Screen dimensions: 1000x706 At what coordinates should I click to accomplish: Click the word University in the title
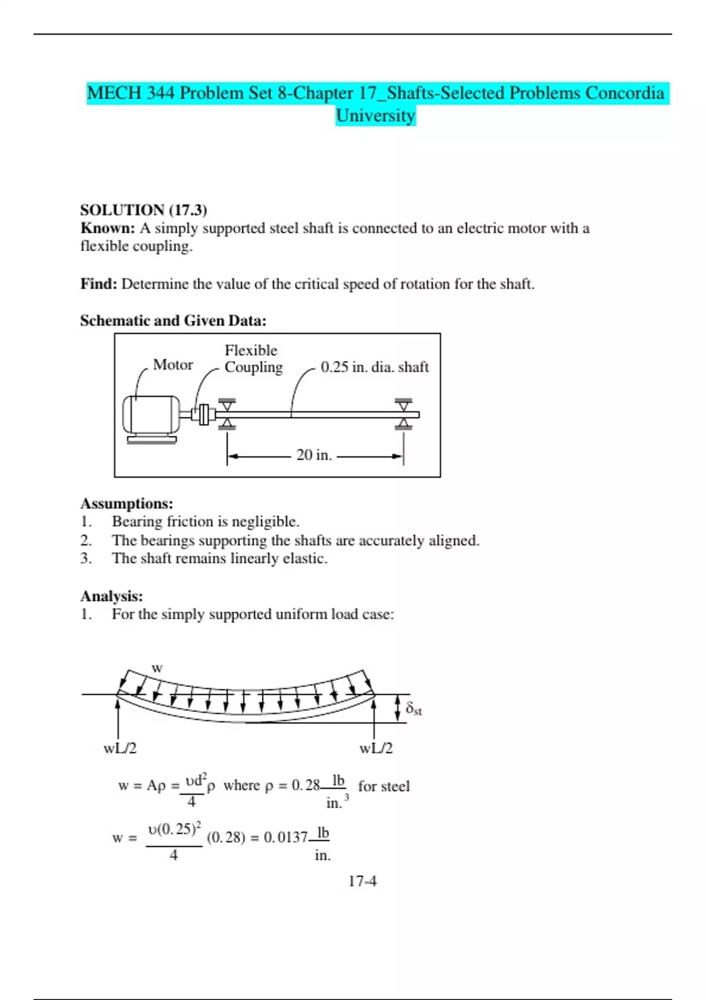pyautogui.click(x=375, y=115)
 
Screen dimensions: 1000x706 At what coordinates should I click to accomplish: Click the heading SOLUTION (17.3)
pyautogui.click(x=144, y=210)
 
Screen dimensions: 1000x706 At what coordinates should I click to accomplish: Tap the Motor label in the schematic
pyautogui.click(x=173, y=365)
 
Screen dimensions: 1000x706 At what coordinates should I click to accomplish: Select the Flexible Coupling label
pyautogui.click(x=253, y=358)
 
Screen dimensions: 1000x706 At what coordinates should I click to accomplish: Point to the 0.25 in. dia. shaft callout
pyautogui.click(x=374, y=367)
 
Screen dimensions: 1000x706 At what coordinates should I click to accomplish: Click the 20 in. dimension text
pyautogui.click(x=314, y=455)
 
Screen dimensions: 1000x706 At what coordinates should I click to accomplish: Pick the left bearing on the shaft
pyautogui.click(x=227, y=414)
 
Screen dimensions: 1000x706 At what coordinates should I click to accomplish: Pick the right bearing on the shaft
pyautogui.click(x=403, y=414)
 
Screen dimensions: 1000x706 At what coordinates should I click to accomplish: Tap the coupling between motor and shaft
pyautogui.click(x=204, y=415)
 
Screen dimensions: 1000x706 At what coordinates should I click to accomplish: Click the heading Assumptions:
pyautogui.click(x=126, y=504)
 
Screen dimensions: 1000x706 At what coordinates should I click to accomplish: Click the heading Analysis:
pyautogui.click(x=112, y=596)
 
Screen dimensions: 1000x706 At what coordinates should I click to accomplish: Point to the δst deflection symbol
pyautogui.click(x=414, y=709)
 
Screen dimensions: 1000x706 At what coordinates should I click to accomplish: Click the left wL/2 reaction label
pyautogui.click(x=120, y=748)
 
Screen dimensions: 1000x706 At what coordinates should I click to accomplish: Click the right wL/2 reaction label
pyautogui.click(x=376, y=748)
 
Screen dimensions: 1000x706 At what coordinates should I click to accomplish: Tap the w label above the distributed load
pyautogui.click(x=157, y=668)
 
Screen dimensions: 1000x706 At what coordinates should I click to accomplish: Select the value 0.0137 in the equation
pyautogui.click(x=285, y=837)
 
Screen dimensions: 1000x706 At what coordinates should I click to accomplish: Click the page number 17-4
pyautogui.click(x=362, y=881)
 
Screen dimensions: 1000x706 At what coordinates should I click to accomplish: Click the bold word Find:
pyautogui.click(x=99, y=284)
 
